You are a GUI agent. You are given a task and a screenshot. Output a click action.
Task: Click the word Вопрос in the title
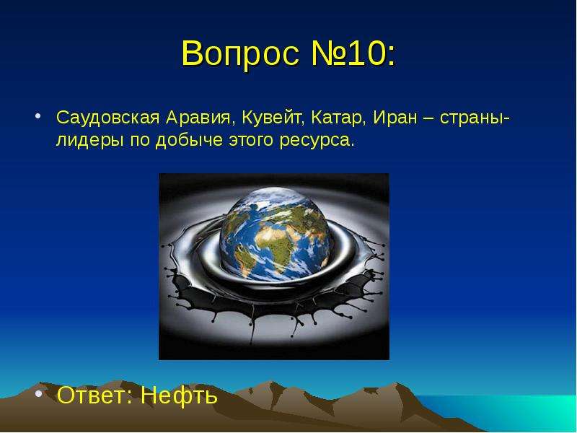[240, 53]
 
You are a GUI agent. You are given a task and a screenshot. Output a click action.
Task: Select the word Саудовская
[107, 118]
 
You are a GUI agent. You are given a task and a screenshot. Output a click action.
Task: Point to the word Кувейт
[273, 118]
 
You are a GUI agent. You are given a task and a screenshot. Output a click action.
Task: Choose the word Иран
[395, 118]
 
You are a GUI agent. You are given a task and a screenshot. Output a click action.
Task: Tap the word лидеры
[89, 140]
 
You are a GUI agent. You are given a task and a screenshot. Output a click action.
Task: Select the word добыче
[189, 140]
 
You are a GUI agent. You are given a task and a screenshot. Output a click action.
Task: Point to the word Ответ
[95, 395]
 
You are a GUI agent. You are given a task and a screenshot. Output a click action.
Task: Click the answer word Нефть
[179, 395]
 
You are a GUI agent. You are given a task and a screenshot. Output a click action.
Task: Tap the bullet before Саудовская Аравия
[38, 116]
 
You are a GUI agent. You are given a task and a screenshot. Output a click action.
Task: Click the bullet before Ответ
[38, 394]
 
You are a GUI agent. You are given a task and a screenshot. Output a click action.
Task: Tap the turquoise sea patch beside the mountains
[515, 412]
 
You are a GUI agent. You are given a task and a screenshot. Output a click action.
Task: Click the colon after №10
[390, 56]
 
